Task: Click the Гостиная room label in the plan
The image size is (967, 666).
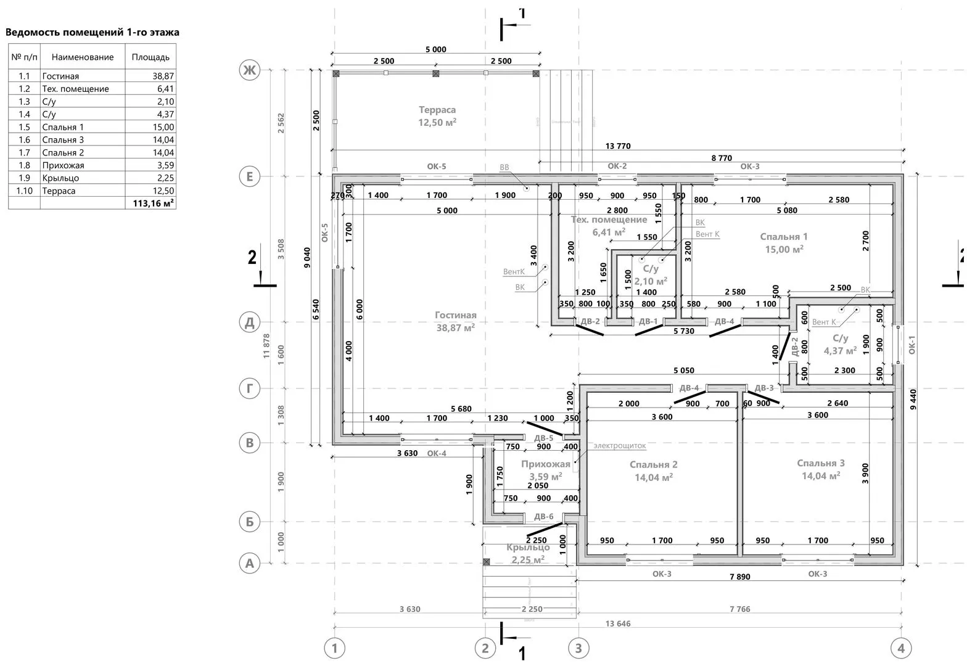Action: (x=455, y=316)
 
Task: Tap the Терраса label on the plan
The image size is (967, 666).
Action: (x=437, y=110)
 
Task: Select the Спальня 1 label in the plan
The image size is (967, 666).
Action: (x=783, y=237)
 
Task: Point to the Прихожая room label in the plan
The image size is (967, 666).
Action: (x=545, y=464)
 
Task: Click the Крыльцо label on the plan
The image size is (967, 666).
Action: (x=527, y=548)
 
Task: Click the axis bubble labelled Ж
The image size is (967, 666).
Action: (x=249, y=71)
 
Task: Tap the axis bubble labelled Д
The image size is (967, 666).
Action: (x=249, y=322)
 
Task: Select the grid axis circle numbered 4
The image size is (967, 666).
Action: (x=901, y=648)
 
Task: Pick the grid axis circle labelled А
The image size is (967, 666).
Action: (x=249, y=563)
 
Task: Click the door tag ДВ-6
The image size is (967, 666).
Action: (x=543, y=517)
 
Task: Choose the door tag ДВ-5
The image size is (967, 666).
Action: (x=543, y=438)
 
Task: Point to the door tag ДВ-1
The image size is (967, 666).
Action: (x=648, y=321)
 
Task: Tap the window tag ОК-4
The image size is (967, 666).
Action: (x=436, y=454)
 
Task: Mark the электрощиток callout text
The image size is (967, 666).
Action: (x=619, y=445)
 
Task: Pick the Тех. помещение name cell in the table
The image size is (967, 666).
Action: (x=75, y=89)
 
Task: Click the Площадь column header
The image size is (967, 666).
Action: (x=150, y=57)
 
